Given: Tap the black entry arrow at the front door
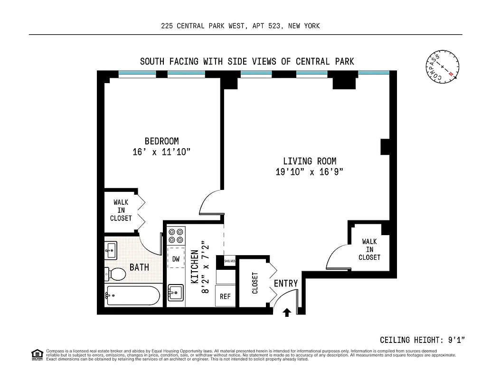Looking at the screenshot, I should (x=287, y=312).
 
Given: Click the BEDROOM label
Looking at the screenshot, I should (x=162, y=141).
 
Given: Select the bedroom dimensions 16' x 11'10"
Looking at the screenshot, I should (x=162, y=152).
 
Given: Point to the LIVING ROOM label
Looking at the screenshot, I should (x=310, y=161).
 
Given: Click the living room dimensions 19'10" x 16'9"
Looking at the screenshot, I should (x=310, y=172).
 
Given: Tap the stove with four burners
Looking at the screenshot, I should (x=176, y=236).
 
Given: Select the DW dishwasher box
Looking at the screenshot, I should (x=176, y=259).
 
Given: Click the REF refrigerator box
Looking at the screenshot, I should (x=225, y=296).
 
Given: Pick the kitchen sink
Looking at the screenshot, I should (x=176, y=293).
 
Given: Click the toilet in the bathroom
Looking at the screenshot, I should (x=115, y=274).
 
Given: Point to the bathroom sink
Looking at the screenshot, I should (x=112, y=250).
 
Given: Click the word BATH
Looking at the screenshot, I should (x=139, y=267).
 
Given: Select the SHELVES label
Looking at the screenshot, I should (x=229, y=261).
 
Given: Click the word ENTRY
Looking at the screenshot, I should (x=286, y=284).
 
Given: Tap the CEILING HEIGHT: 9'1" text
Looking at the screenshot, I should (x=422, y=340).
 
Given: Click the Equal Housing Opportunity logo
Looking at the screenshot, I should (x=36, y=354).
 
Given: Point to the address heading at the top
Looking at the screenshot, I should (x=240, y=26).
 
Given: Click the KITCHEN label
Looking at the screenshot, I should (x=195, y=267).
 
